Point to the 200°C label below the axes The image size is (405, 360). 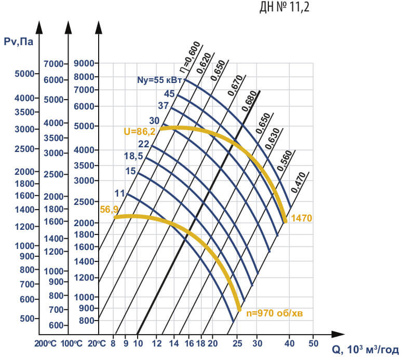pos(46,343)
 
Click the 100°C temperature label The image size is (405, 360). pos(72,343)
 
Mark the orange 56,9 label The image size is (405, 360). pos(110,209)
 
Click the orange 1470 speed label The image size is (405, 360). pos(301,218)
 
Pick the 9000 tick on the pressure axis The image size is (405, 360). pos(85,63)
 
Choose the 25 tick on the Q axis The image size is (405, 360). pos(238,343)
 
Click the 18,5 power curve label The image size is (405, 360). pos(134,156)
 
